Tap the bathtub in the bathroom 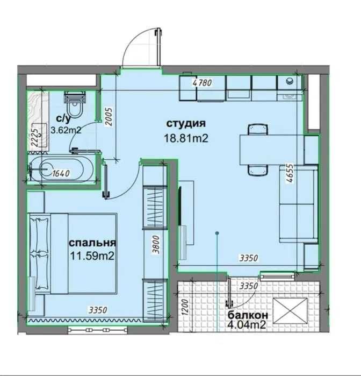(57, 169)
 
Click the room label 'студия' (186, 124)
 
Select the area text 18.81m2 (186, 138)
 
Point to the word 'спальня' (92, 243)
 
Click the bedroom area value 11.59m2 (92, 256)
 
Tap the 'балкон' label (248, 315)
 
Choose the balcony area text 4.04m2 (247, 325)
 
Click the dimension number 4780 (203, 83)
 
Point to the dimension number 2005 (109, 117)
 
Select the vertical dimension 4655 (290, 174)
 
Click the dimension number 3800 (156, 245)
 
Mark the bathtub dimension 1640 (61, 173)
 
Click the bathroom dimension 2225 (35, 138)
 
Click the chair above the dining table (257, 129)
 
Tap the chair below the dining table (257, 171)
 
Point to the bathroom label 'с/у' (64, 118)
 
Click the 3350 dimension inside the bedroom (98, 310)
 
